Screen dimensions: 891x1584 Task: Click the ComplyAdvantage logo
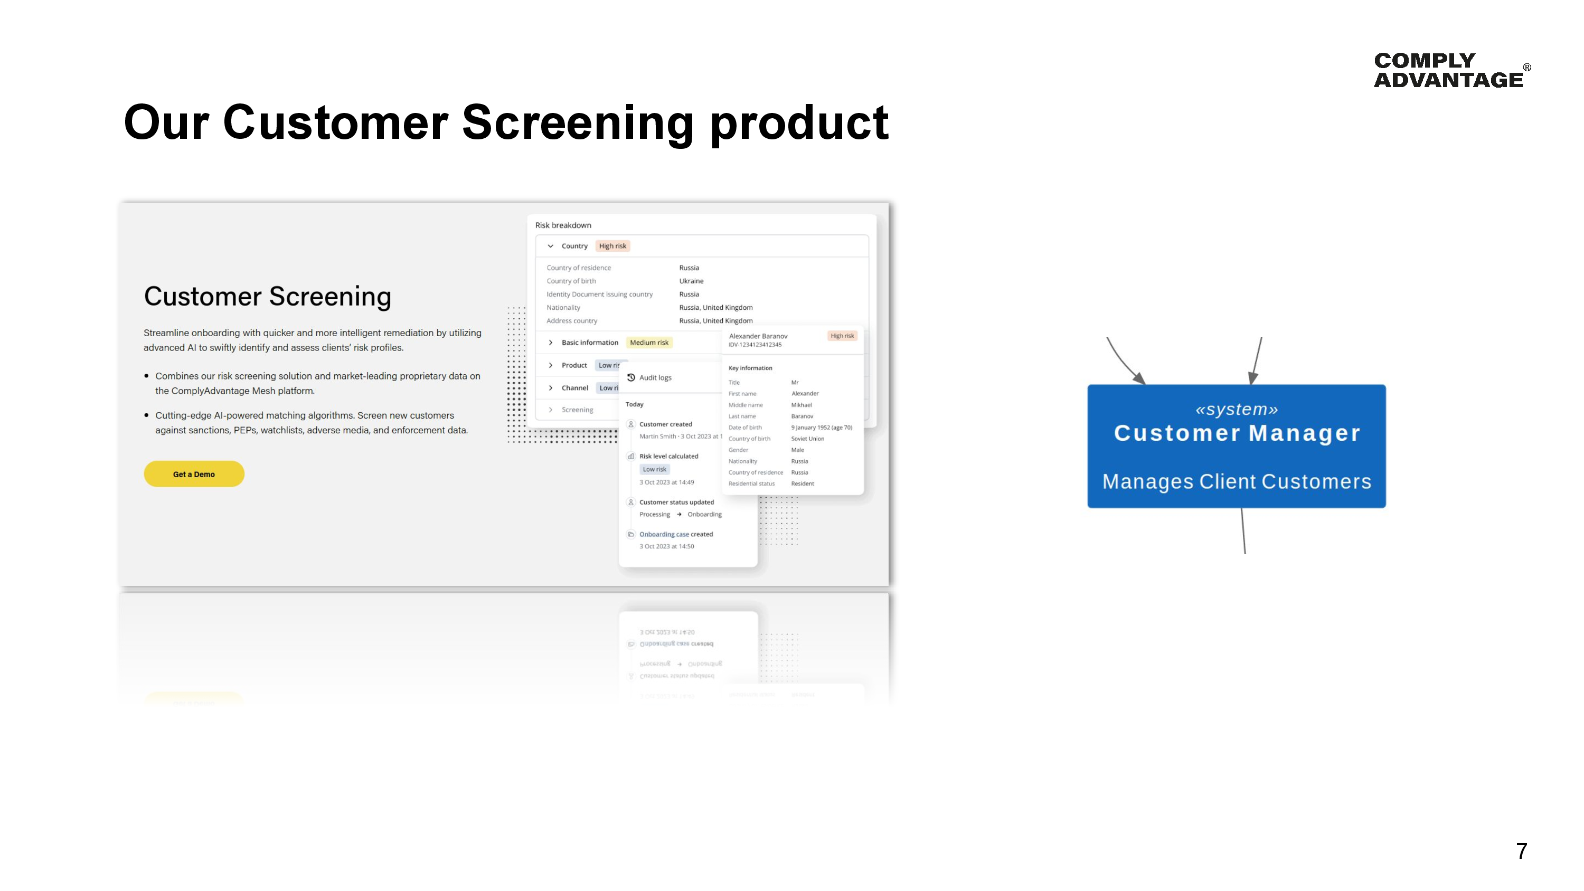point(1449,70)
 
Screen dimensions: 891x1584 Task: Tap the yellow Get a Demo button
point(194,474)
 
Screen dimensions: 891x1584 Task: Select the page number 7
point(1521,851)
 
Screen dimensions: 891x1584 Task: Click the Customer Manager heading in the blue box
point(1237,433)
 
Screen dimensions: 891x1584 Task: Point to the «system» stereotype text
point(1236,409)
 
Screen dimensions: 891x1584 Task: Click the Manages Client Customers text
point(1236,481)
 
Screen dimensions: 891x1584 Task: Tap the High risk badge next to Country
point(612,246)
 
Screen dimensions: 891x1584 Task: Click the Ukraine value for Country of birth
point(691,281)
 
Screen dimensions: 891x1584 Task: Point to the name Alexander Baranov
point(758,336)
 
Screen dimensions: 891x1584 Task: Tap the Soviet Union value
point(807,439)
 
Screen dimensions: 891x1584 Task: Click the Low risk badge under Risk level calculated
point(654,469)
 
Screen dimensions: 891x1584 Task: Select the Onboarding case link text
point(664,534)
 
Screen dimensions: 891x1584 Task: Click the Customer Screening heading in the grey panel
point(268,297)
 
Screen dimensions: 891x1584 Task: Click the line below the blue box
point(1243,530)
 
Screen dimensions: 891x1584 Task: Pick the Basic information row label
point(589,343)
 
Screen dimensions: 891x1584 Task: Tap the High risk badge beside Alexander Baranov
point(841,336)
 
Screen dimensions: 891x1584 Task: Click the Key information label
point(750,368)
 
